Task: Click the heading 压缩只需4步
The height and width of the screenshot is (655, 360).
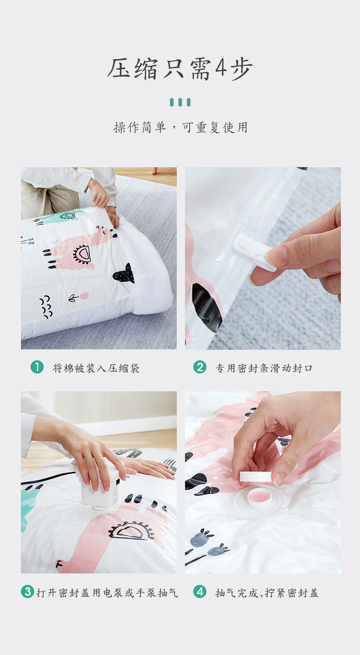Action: point(180,69)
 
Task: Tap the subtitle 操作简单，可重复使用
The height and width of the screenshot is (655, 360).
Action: point(180,128)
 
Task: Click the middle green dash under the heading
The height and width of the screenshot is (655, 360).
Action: point(180,102)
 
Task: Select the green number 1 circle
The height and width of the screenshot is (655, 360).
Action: point(37,367)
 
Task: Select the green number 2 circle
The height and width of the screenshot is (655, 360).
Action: point(200,367)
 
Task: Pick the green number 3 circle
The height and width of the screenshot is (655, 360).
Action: point(28,592)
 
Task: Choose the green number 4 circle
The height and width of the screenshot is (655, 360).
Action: point(200,592)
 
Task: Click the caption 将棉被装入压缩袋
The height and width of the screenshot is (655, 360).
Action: point(96,368)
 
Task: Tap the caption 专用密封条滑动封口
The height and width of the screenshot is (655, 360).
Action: point(264,368)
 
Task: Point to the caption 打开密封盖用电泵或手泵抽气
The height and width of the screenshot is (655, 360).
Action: point(107,593)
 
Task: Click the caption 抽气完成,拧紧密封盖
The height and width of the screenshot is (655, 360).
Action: point(267,593)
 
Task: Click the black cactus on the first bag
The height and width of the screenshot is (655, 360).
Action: point(124,274)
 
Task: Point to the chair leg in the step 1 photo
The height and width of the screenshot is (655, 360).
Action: point(155,170)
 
